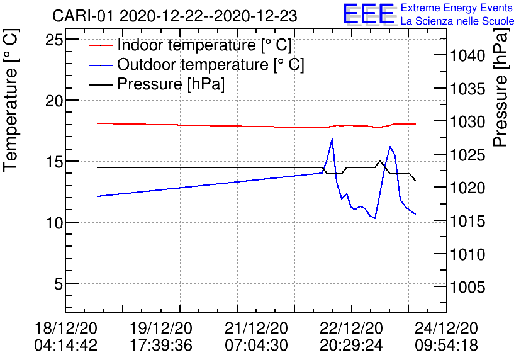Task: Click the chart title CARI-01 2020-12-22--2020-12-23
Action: click(x=175, y=15)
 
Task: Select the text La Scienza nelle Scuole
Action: click(x=457, y=21)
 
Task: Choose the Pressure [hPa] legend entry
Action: click(x=171, y=84)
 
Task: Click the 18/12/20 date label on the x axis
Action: click(x=66, y=329)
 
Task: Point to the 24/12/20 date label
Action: click(x=446, y=329)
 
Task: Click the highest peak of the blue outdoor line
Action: click(x=332, y=139)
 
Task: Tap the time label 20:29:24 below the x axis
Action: click(x=351, y=345)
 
